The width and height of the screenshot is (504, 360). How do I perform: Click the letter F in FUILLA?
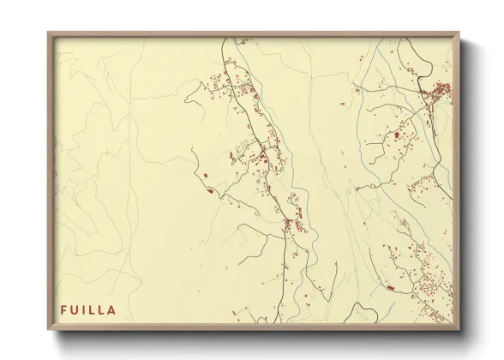coord(63,310)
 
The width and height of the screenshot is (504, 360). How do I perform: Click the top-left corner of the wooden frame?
coord(49,33)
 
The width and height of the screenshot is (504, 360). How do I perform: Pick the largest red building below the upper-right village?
coord(397,135)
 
